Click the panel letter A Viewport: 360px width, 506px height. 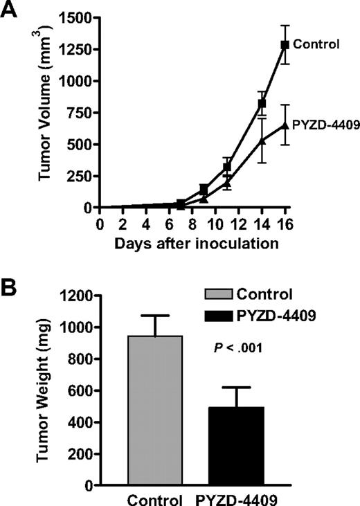(12, 10)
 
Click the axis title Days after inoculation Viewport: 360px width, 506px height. (192, 243)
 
